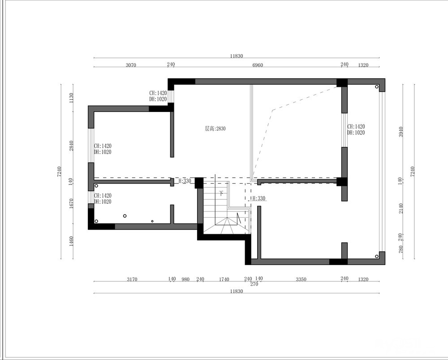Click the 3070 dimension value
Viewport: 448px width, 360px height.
[131, 65]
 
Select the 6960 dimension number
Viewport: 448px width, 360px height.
[258, 65]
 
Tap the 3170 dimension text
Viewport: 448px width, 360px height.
[132, 279]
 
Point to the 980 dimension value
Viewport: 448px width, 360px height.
[185, 279]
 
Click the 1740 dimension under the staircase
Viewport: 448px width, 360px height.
[224, 279]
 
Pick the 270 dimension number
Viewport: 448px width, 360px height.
[254, 284]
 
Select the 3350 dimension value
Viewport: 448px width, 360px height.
[301, 279]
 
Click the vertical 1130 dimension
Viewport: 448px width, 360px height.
[71, 98]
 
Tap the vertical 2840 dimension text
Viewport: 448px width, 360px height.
[71, 146]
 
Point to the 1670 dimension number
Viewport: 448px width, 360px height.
[71, 203]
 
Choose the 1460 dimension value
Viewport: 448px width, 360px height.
[71, 241]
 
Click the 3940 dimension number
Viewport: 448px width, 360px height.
[401, 132]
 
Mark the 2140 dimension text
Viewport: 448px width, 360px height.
[401, 208]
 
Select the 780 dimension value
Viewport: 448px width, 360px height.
[401, 249]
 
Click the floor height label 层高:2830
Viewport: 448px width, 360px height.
[215, 129]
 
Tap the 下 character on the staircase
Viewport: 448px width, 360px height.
[221, 193]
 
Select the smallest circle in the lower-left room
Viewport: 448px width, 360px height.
[152, 221]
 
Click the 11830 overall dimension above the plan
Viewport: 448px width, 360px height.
[236, 56]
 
